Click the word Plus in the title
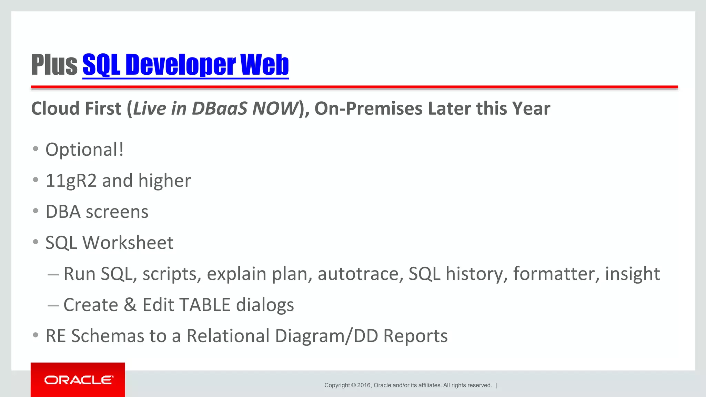54,65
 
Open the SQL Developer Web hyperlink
185,65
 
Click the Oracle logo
78,380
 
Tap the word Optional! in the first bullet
84,150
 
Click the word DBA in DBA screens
63,212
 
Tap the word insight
632,274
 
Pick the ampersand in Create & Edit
130,305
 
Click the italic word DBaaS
220,109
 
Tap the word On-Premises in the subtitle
368,109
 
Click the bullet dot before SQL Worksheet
36,242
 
